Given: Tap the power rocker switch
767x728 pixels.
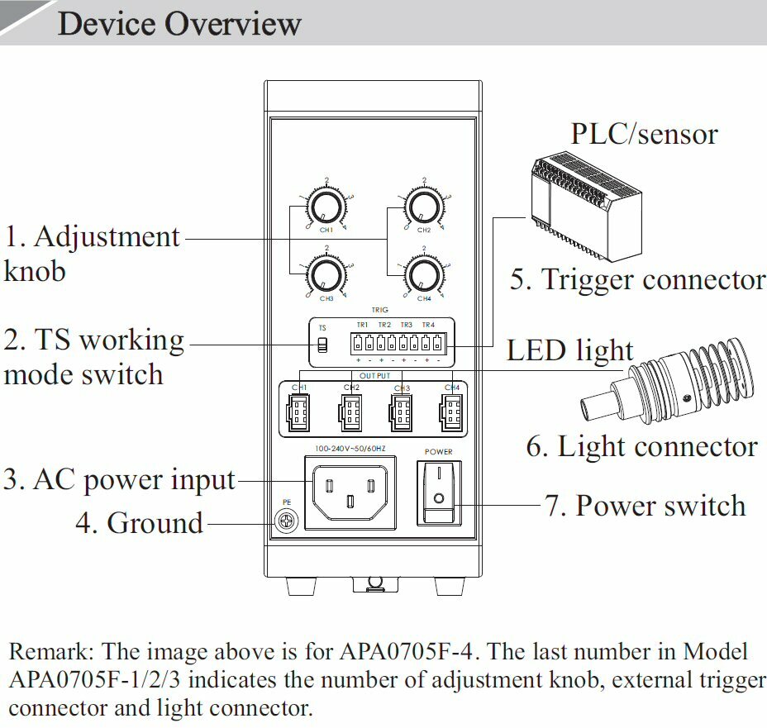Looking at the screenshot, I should point(438,492).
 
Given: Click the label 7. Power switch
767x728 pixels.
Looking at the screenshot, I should point(645,506).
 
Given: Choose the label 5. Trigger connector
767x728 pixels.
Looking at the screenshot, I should point(637,279).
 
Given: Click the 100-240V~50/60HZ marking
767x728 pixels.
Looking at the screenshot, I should point(350,449).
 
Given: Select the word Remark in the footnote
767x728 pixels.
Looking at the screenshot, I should point(50,651).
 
